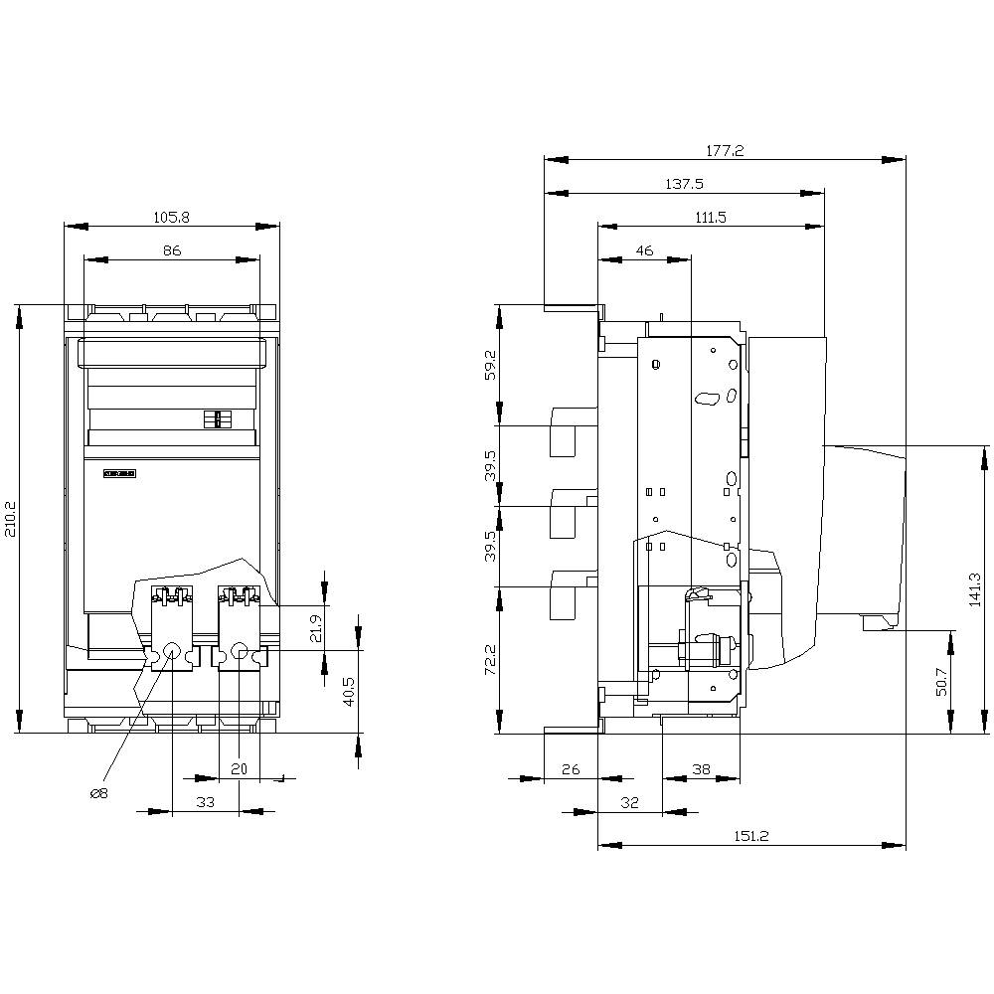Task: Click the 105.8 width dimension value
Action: coord(172,217)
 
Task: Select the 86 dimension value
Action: coord(172,251)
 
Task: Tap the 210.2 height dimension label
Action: coord(10,519)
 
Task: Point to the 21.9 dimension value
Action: coord(316,628)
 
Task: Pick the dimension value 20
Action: coord(239,768)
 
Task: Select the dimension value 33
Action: coord(206,801)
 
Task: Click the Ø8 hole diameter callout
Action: coord(98,793)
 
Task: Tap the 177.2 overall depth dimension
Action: coord(725,151)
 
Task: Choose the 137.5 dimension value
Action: coord(684,184)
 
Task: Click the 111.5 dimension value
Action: coord(710,217)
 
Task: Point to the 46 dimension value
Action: coord(644,251)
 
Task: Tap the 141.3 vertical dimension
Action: coord(975,589)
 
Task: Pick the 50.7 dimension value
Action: coord(941,682)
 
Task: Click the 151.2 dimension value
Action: coord(751,836)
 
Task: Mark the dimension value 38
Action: coord(701,768)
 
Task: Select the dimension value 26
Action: coord(571,768)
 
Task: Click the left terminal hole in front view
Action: coord(172,652)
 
